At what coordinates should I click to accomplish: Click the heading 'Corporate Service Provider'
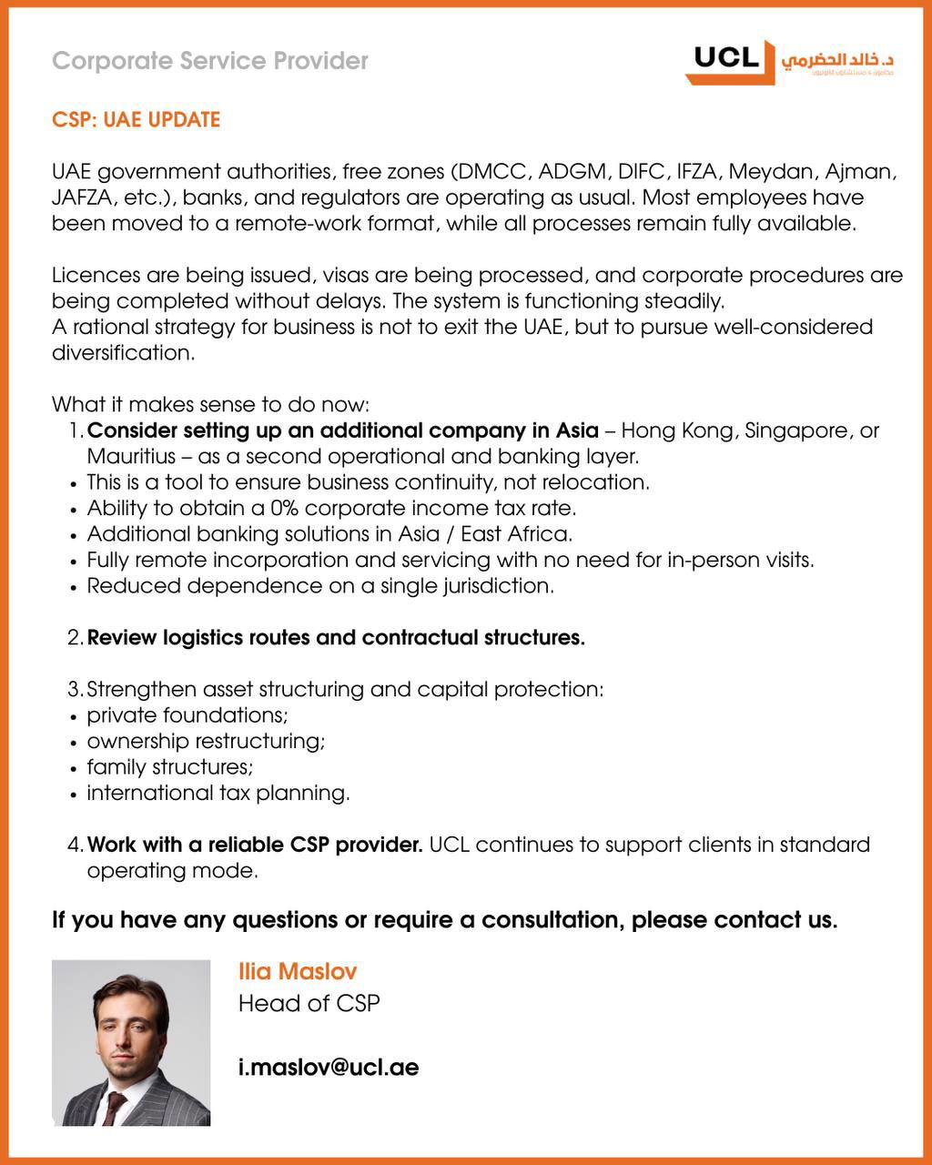pos(210,61)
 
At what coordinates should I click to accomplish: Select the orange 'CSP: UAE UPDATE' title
pos(136,120)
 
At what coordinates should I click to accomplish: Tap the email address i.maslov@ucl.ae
pos(329,1067)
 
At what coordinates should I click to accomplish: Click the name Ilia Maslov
pos(298,971)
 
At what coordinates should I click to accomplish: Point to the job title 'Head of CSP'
pos(309,1003)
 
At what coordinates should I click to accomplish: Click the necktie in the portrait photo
pos(115,1105)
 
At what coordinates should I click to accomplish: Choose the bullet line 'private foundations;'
pos(187,715)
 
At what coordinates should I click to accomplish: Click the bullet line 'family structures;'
pos(170,767)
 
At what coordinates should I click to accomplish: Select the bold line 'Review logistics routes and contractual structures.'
pos(336,638)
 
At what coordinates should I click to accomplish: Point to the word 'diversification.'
pos(124,353)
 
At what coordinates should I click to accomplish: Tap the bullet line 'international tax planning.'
pos(218,793)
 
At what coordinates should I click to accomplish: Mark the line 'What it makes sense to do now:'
pos(210,404)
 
